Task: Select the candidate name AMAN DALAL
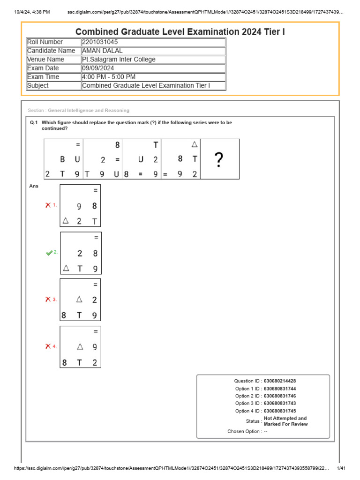point(102,51)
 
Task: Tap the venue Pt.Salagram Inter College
point(119,60)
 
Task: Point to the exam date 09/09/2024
point(97,68)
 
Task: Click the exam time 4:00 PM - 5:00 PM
point(109,77)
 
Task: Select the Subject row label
point(38,86)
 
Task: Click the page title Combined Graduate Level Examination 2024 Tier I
point(180,32)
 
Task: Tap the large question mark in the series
point(219,160)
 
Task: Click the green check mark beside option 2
point(49,253)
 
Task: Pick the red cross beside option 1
point(48,205)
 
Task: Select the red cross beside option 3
point(48,300)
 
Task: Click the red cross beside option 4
point(48,346)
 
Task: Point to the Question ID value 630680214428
point(280,381)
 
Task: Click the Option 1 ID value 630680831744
point(280,389)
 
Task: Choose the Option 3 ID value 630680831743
point(280,404)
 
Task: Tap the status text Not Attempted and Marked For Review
point(285,421)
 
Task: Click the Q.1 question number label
point(33,122)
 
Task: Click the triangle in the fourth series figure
point(195,145)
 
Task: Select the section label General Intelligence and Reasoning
point(88,111)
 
